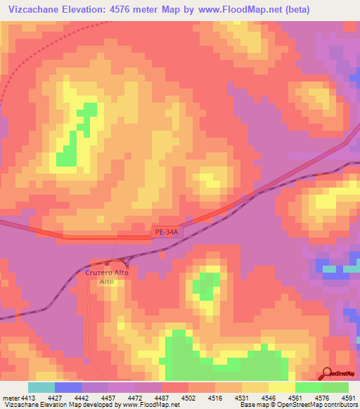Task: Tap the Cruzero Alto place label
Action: click(x=107, y=272)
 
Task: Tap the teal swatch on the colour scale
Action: click(x=41, y=388)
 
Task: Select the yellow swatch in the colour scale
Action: click(x=281, y=388)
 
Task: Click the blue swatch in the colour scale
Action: click(x=68, y=388)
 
